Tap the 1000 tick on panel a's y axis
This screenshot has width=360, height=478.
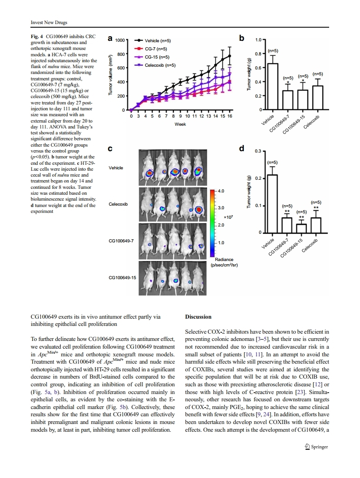120,40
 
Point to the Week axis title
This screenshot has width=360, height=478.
180,124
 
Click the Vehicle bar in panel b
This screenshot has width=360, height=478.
272,87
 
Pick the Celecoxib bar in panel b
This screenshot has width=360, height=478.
318,98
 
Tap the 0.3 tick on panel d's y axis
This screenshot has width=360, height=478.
257,151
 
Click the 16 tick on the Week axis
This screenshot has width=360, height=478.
230,116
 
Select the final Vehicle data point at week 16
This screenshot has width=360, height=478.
230,56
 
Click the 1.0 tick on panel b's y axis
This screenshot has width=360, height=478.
257,40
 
